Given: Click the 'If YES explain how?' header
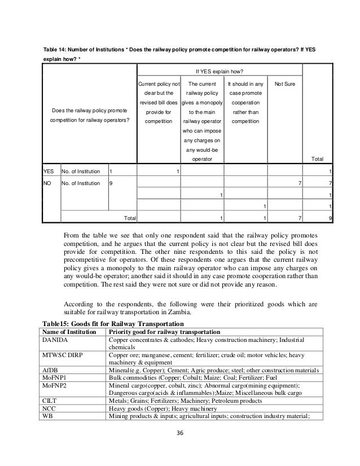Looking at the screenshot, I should [219, 72].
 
